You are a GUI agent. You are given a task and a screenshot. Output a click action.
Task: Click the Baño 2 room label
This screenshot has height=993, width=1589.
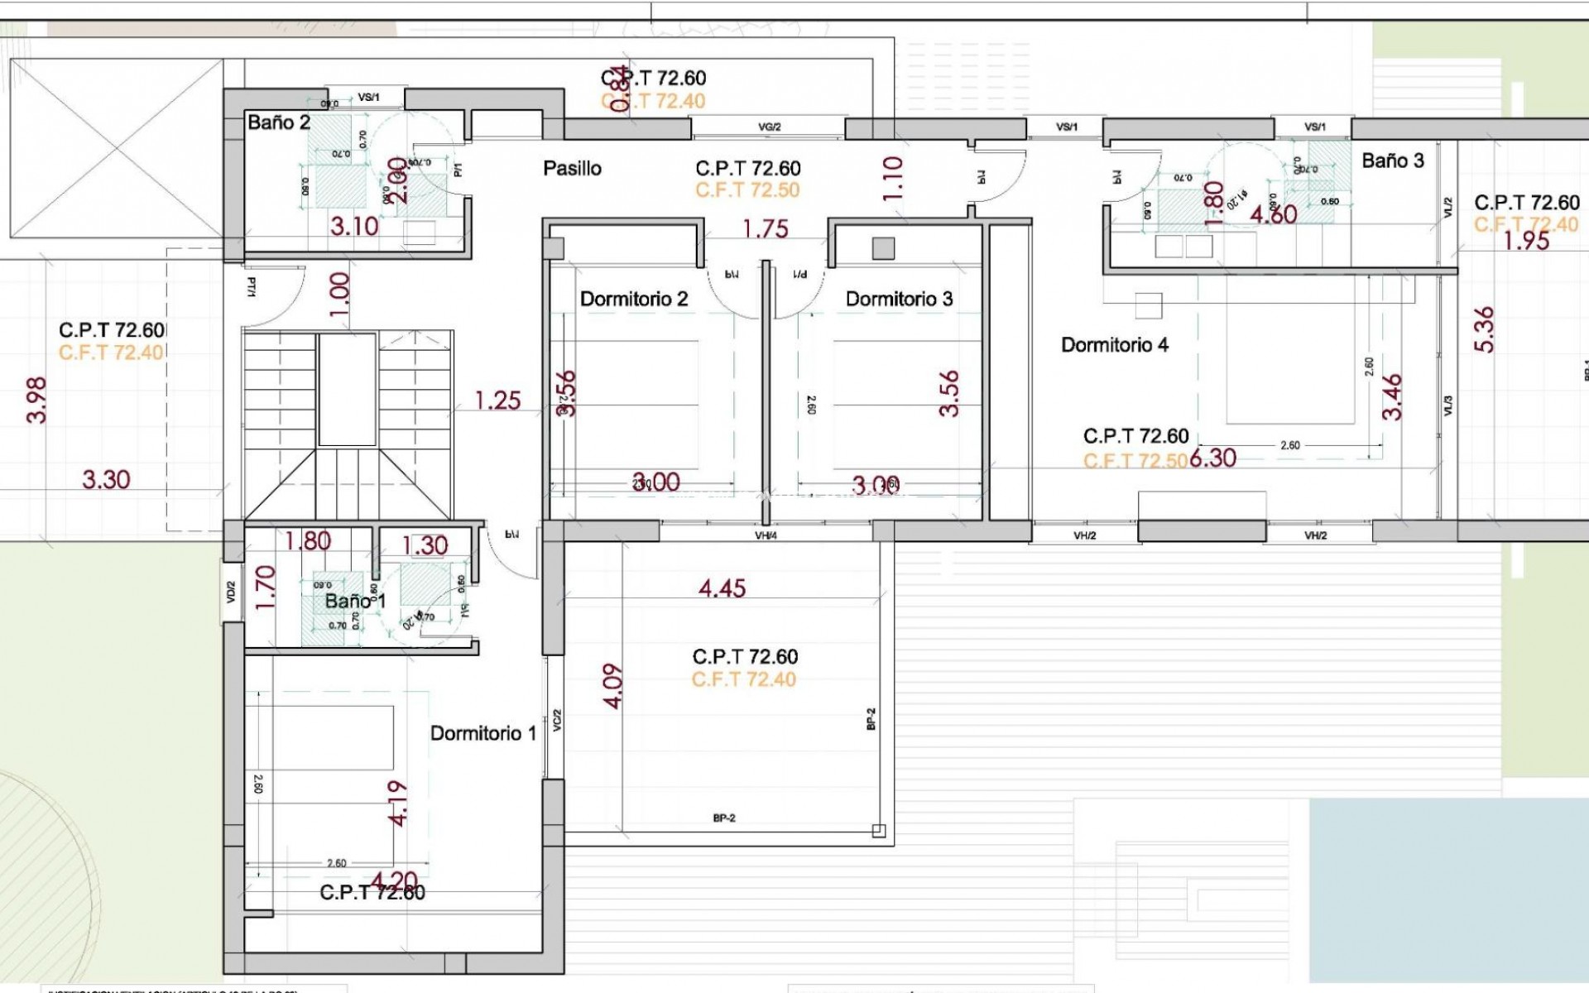click(x=279, y=122)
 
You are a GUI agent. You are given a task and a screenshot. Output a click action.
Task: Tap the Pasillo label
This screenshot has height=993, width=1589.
click(x=572, y=168)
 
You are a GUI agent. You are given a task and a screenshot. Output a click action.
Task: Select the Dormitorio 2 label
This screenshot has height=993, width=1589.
click(x=634, y=299)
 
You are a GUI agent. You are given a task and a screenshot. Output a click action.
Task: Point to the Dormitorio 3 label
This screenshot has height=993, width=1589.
click(x=899, y=299)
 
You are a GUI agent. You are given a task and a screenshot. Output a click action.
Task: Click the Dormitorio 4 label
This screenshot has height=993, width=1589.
click(x=1115, y=344)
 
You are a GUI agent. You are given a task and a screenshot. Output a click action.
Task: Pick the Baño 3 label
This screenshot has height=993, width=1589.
click(x=1393, y=161)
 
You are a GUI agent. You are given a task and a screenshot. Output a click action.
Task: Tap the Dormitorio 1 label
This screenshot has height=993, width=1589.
click(x=482, y=733)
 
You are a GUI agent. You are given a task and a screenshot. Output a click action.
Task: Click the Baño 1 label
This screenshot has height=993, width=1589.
click(x=354, y=601)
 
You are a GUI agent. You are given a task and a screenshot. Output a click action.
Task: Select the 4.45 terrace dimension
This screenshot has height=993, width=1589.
click(x=722, y=588)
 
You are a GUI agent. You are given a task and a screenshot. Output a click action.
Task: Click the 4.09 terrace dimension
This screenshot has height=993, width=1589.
click(x=612, y=685)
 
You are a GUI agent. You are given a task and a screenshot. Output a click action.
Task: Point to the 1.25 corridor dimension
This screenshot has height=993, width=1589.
click(x=497, y=401)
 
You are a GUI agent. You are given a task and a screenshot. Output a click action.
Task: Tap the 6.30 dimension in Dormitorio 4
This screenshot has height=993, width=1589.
click(x=1212, y=458)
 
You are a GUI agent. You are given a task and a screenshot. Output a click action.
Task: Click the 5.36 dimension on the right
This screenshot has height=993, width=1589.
click(x=1485, y=329)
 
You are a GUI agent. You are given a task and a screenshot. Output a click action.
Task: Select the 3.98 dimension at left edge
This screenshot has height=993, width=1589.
click(x=37, y=401)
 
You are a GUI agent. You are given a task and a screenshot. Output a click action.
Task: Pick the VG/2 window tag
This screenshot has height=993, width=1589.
click(x=769, y=127)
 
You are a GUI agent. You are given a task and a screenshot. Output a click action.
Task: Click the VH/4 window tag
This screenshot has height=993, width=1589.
click(x=766, y=535)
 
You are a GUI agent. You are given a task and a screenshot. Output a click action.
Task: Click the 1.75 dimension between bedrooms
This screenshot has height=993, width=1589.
click(x=766, y=228)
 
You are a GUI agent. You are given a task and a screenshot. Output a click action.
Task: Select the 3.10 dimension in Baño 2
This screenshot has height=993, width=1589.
click(x=354, y=226)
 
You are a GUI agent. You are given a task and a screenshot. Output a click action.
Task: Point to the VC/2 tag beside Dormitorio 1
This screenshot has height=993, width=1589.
click(x=557, y=720)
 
